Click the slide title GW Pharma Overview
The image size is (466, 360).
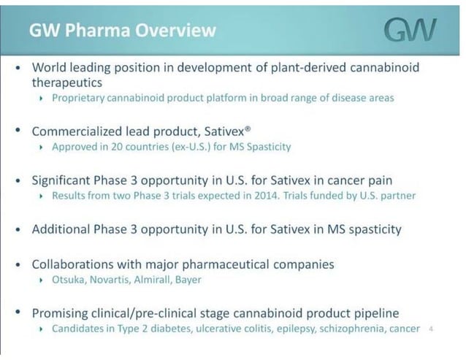(x=122, y=30)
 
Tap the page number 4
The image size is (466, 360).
(x=432, y=329)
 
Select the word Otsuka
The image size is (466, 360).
(x=69, y=280)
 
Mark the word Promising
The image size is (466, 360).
(x=61, y=313)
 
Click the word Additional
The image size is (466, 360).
(x=61, y=229)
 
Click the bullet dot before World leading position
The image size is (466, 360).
(x=18, y=67)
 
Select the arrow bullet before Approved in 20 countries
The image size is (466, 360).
(x=42, y=148)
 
